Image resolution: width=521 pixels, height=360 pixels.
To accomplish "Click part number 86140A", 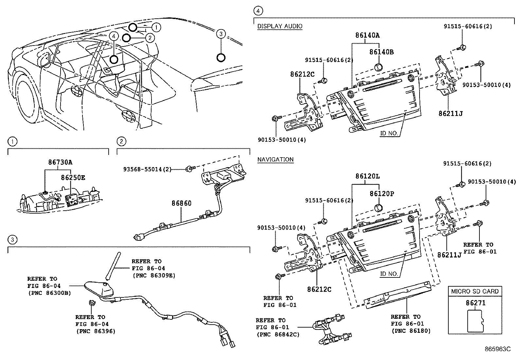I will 367,35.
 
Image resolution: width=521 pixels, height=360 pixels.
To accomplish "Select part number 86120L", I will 367,176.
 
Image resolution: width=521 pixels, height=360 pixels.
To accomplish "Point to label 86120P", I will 382,194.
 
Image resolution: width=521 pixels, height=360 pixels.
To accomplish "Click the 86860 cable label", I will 181,203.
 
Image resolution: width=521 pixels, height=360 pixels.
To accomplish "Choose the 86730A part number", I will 60,162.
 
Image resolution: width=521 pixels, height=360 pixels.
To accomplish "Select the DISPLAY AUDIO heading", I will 279,26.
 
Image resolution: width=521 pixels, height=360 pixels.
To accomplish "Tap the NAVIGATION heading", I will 275,160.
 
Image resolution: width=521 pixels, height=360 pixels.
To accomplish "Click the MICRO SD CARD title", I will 475,291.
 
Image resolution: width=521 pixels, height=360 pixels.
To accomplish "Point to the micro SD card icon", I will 475,320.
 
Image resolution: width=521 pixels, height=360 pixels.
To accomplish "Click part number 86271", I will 476,303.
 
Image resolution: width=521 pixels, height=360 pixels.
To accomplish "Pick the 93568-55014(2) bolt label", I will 147,169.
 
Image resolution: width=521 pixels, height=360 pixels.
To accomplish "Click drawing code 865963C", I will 497,349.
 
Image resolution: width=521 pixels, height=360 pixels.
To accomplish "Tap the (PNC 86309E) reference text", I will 153,275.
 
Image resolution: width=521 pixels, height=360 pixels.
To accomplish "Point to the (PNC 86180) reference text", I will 411,331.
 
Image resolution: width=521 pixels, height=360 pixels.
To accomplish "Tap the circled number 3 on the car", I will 221,34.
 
